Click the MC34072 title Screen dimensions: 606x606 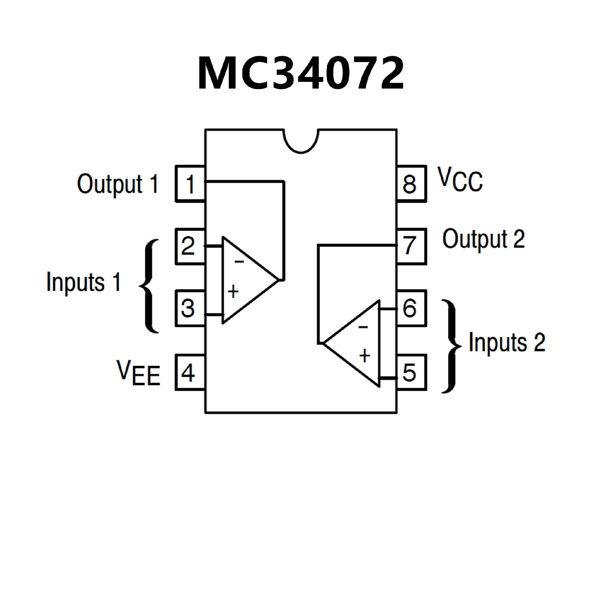pos(300,74)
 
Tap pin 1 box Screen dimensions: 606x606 pos(190,184)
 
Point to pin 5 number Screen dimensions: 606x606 pos(409,372)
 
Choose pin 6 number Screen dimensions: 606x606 pos(409,308)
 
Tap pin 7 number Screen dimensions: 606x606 pos(409,246)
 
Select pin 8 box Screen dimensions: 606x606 pos(411,184)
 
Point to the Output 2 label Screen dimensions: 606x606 pos(483,239)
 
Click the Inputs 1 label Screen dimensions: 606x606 pos(84,282)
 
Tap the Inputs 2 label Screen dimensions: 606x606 pos(507,342)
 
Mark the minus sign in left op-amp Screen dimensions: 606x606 pos(239,261)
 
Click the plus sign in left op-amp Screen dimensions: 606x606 pos(233,292)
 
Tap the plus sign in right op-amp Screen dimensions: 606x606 pos(365,356)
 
